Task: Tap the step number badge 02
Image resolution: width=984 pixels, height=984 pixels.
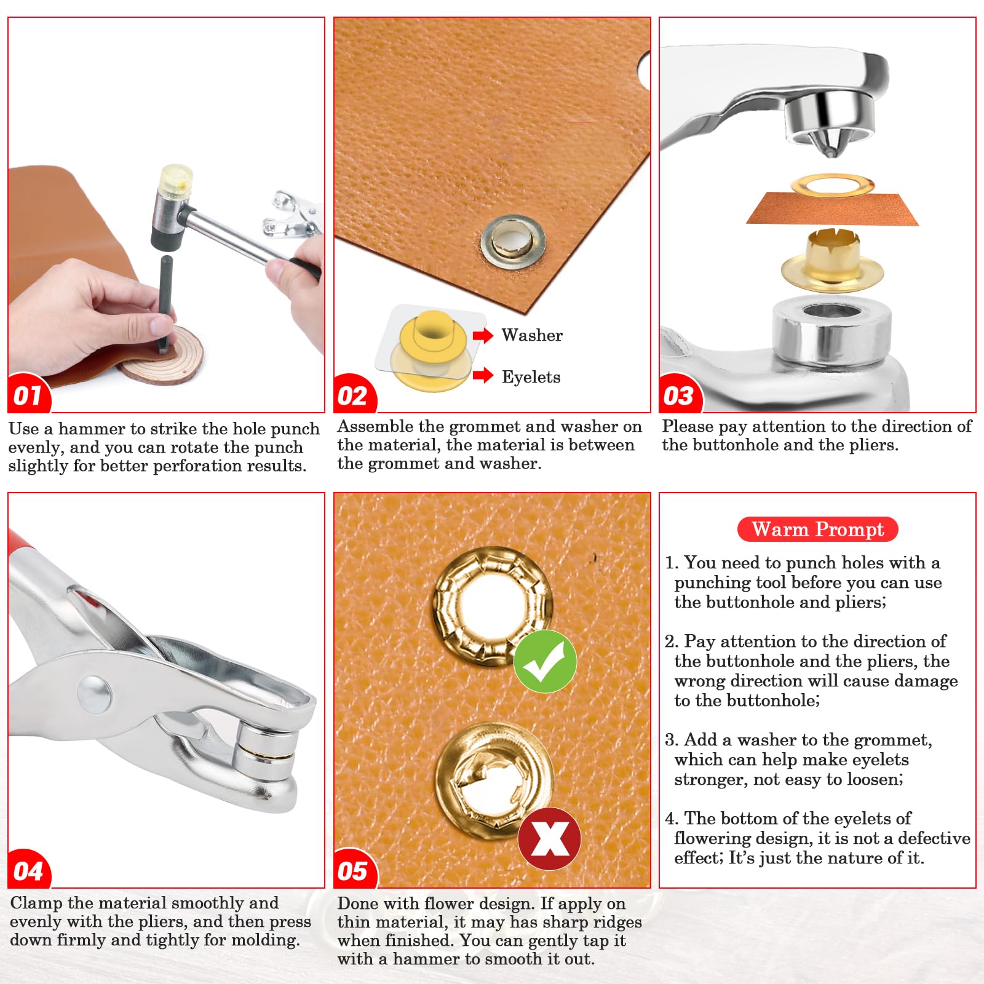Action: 354,394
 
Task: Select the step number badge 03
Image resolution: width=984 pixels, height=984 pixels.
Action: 680,394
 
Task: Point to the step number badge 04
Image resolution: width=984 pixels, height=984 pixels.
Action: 28,870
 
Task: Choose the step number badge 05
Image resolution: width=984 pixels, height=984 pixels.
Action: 354,870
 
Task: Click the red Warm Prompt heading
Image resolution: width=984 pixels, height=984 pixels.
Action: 817,529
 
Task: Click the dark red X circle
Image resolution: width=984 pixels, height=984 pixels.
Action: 549,838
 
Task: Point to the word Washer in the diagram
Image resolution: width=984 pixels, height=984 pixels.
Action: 532,335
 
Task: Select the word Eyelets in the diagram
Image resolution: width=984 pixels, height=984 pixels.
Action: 531,377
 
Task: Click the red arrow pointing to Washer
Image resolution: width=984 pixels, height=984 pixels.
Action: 483,335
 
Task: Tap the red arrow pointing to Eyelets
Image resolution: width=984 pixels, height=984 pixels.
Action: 483,375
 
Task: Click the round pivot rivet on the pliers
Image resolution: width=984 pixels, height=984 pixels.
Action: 95,694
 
